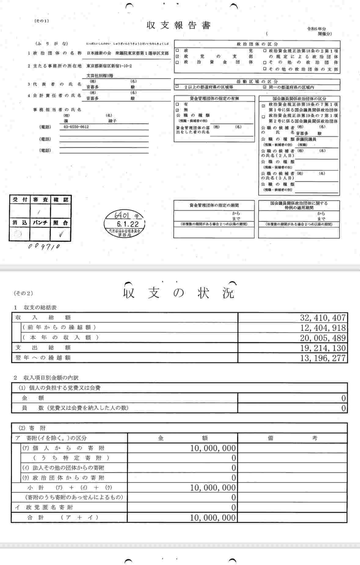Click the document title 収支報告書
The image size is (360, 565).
tap(178, 25)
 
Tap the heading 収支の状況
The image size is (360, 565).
tap(179, 293)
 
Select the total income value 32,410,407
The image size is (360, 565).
tap(323, 318)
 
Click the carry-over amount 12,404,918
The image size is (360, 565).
tap(323, 328)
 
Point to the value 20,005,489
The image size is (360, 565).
tap(323, 338)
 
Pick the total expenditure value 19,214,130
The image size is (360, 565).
tap(323, 348)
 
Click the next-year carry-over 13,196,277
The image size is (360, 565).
tap(323, 358)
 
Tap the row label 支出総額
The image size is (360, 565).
tap(43, 347)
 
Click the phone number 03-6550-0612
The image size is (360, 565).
tap(76, 127)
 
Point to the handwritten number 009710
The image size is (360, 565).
tap(44, 246)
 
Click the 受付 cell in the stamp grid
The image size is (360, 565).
tap(20, 200)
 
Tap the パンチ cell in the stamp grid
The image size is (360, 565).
tap(40, 223)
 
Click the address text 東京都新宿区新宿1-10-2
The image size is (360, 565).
tap(109, 66)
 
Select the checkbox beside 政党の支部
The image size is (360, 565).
tap(177, 56)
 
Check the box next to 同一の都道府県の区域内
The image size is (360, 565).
tap(264, 87)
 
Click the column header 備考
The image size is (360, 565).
tap(292, 438)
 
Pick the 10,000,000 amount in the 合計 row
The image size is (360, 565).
tap(213, 517)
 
